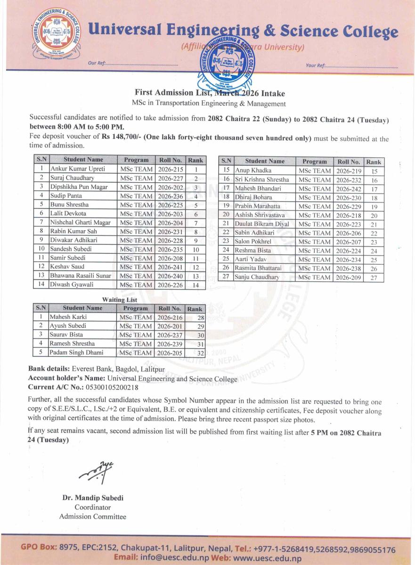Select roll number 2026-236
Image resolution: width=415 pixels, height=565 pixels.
[170, 196]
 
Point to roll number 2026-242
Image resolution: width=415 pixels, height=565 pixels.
[349, 188]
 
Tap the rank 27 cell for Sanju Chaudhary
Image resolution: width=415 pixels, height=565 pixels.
[374, 277]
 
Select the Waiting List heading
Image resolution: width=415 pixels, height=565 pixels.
[119, 300]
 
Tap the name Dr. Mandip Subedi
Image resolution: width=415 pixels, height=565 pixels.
[93, 498]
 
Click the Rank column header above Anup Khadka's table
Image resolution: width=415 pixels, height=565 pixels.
[374, 161]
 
